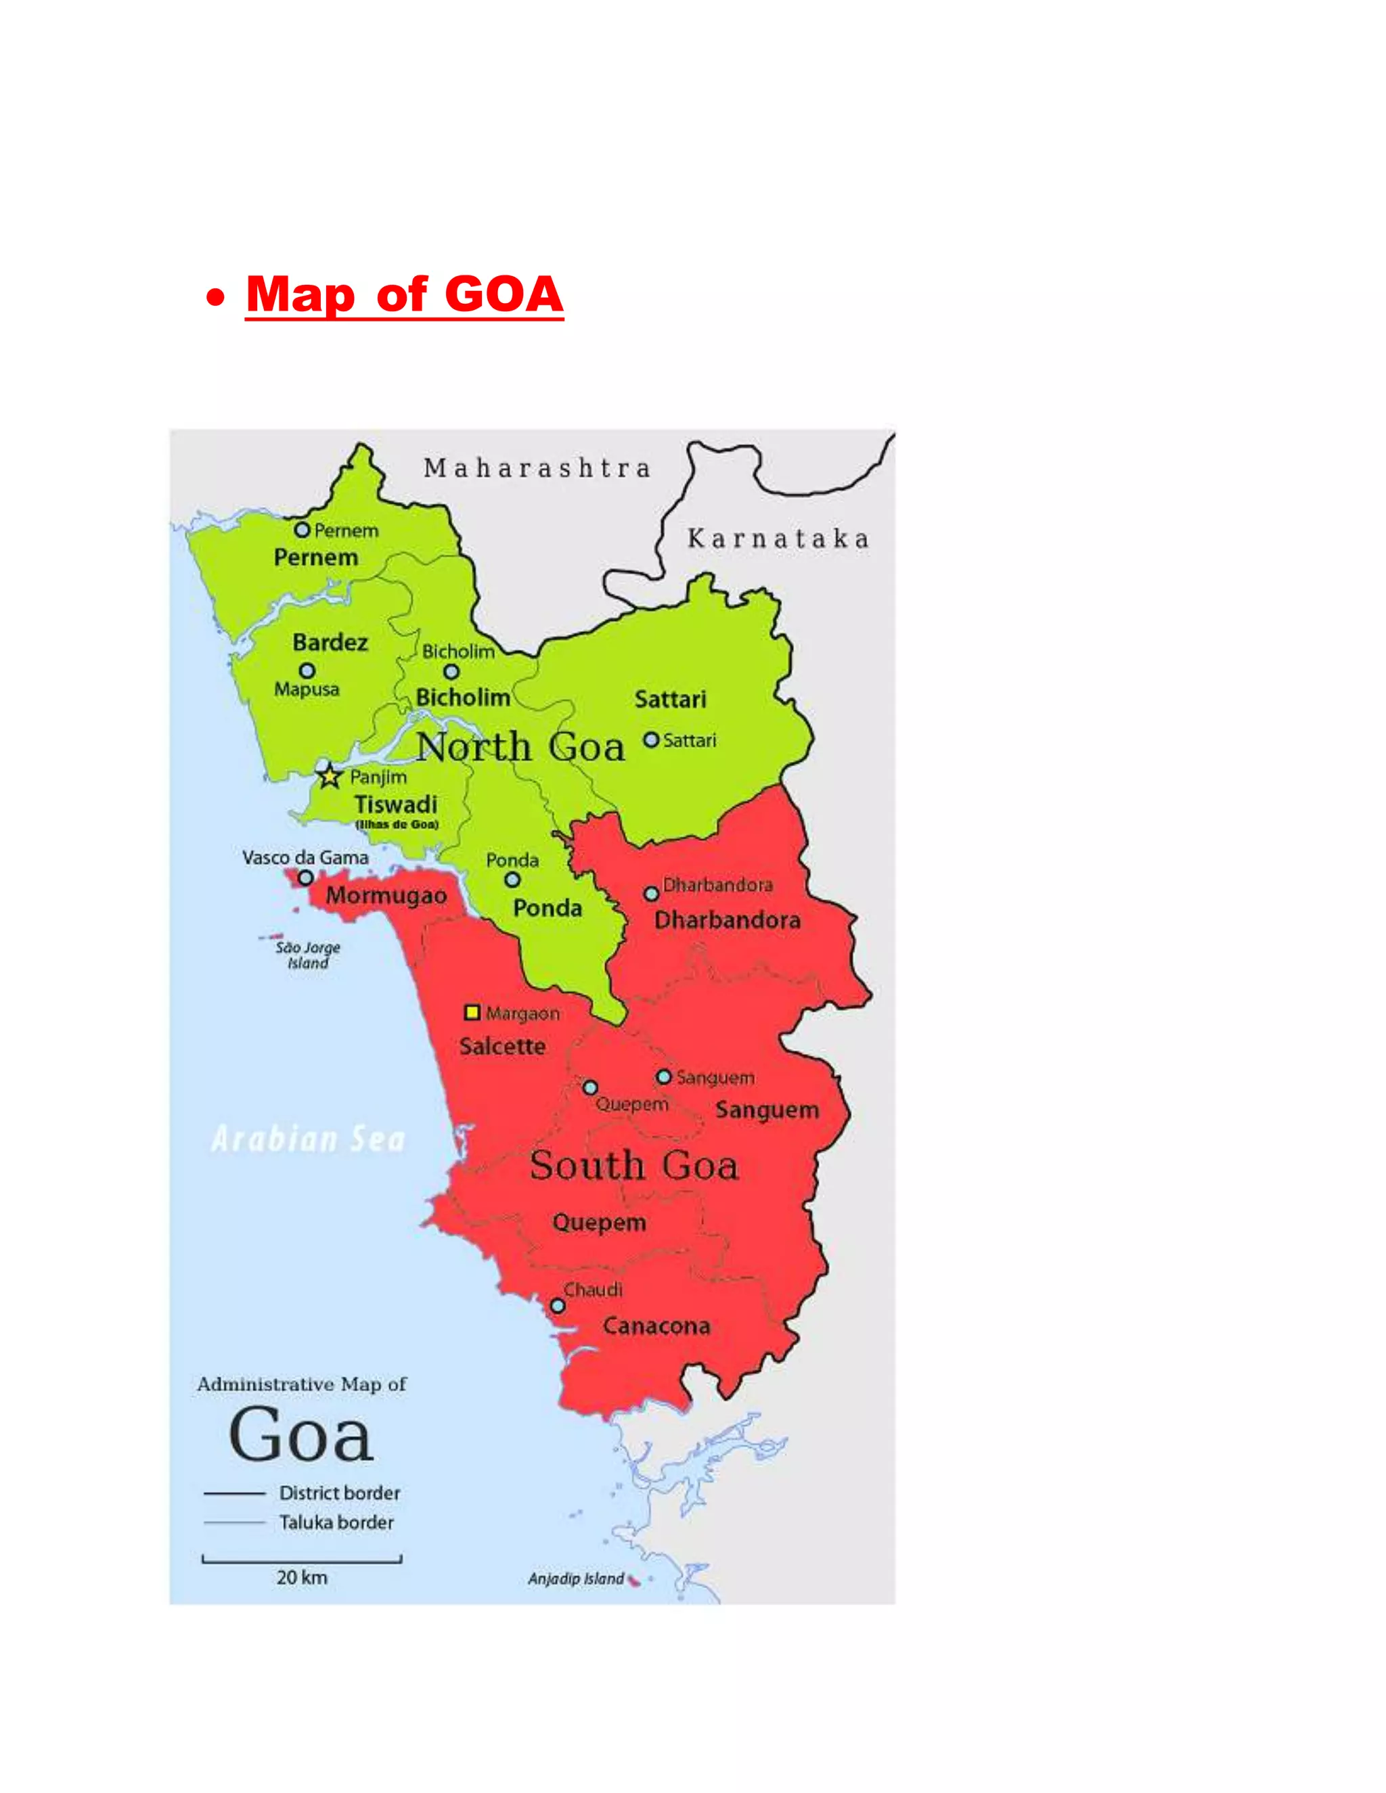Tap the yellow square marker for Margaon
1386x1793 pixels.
click(x=472, y=1012)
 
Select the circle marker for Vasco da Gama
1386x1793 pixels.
click(x=305, y=878)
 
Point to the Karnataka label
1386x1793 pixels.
click(x=778, y=539)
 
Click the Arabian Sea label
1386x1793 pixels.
click(x=309, y=1139)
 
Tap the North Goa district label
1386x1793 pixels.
click(x=520, y=747)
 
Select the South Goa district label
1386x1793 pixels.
click(x=634, y=1166)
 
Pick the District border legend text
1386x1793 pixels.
click(x=340, y=1493)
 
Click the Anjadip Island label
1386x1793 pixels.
click(x=576, y=1579)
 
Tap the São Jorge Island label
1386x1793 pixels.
click(x=308, y=955)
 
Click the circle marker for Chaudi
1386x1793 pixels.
click(x=558, y=1305)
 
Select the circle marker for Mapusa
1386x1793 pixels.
click(x=307, y=671)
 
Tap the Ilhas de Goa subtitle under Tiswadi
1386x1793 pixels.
click(x=397, y=824)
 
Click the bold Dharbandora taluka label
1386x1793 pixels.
click(x=727, y=920)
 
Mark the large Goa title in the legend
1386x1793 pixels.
click(x=301, y=1435)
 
